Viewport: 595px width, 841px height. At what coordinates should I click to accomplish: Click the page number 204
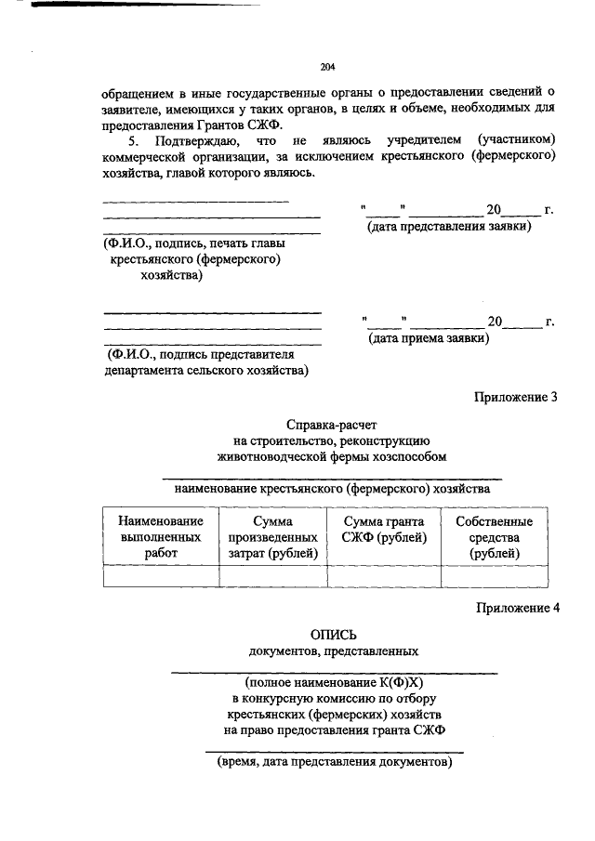326,66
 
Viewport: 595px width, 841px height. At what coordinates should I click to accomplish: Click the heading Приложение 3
516,397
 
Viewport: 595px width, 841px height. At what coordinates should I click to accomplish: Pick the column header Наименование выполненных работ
160,537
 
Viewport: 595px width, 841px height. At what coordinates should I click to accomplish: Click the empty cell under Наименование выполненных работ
160,576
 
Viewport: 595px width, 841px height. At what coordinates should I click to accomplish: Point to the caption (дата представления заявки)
449,226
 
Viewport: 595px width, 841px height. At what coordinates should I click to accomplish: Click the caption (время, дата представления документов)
334,761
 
